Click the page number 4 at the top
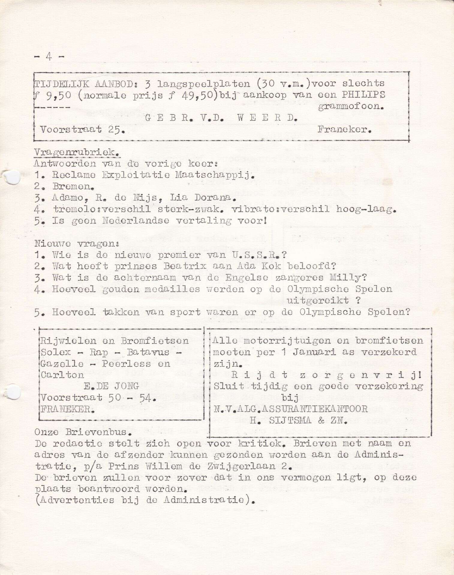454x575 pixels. point(49,57)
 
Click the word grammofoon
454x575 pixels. point(351,106)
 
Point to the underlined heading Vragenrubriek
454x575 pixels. point(77,152)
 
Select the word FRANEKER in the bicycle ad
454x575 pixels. point(67,409)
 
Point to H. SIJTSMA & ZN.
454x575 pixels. point(299,420)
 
